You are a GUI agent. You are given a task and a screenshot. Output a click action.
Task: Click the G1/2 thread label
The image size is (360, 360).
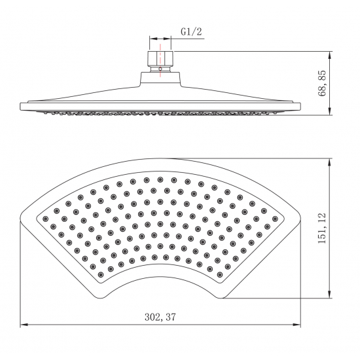coord(191,31)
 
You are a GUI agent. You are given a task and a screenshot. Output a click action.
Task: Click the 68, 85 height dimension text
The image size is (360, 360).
coord(322,83)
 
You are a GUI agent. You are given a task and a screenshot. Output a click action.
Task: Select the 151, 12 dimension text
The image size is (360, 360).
coord(322,228)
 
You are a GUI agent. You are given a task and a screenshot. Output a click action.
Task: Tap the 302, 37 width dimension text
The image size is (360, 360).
coord(160,317)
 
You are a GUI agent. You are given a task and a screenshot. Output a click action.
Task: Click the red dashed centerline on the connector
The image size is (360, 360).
coord(160,60)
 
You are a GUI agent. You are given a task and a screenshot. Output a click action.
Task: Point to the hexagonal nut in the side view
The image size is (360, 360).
coord(160,58)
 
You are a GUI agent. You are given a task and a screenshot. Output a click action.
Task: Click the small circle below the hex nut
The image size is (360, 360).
coord(160,69)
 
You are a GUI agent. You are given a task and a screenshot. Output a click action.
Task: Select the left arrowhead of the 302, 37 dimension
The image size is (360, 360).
coord(24,325)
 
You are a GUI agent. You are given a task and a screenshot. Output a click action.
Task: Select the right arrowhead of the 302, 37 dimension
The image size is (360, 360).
coord(297,325)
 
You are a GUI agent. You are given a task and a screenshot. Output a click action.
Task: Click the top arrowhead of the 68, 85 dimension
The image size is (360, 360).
coord(330,56)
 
